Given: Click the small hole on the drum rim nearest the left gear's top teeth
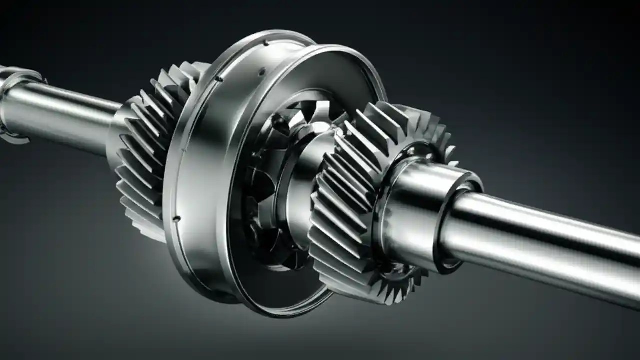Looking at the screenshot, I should pos(219,79).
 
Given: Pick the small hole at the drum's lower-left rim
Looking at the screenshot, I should pos(176,218).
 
